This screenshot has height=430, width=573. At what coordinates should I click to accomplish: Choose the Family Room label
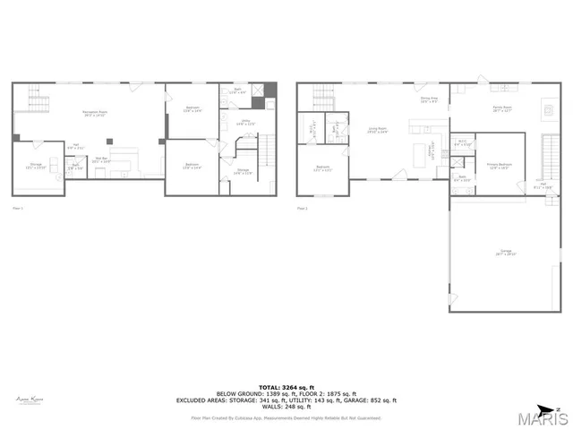pos(501,109)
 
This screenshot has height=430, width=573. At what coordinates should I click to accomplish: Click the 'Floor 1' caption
pos(17,208)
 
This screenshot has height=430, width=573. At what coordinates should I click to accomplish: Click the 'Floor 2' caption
pos(304,208)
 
